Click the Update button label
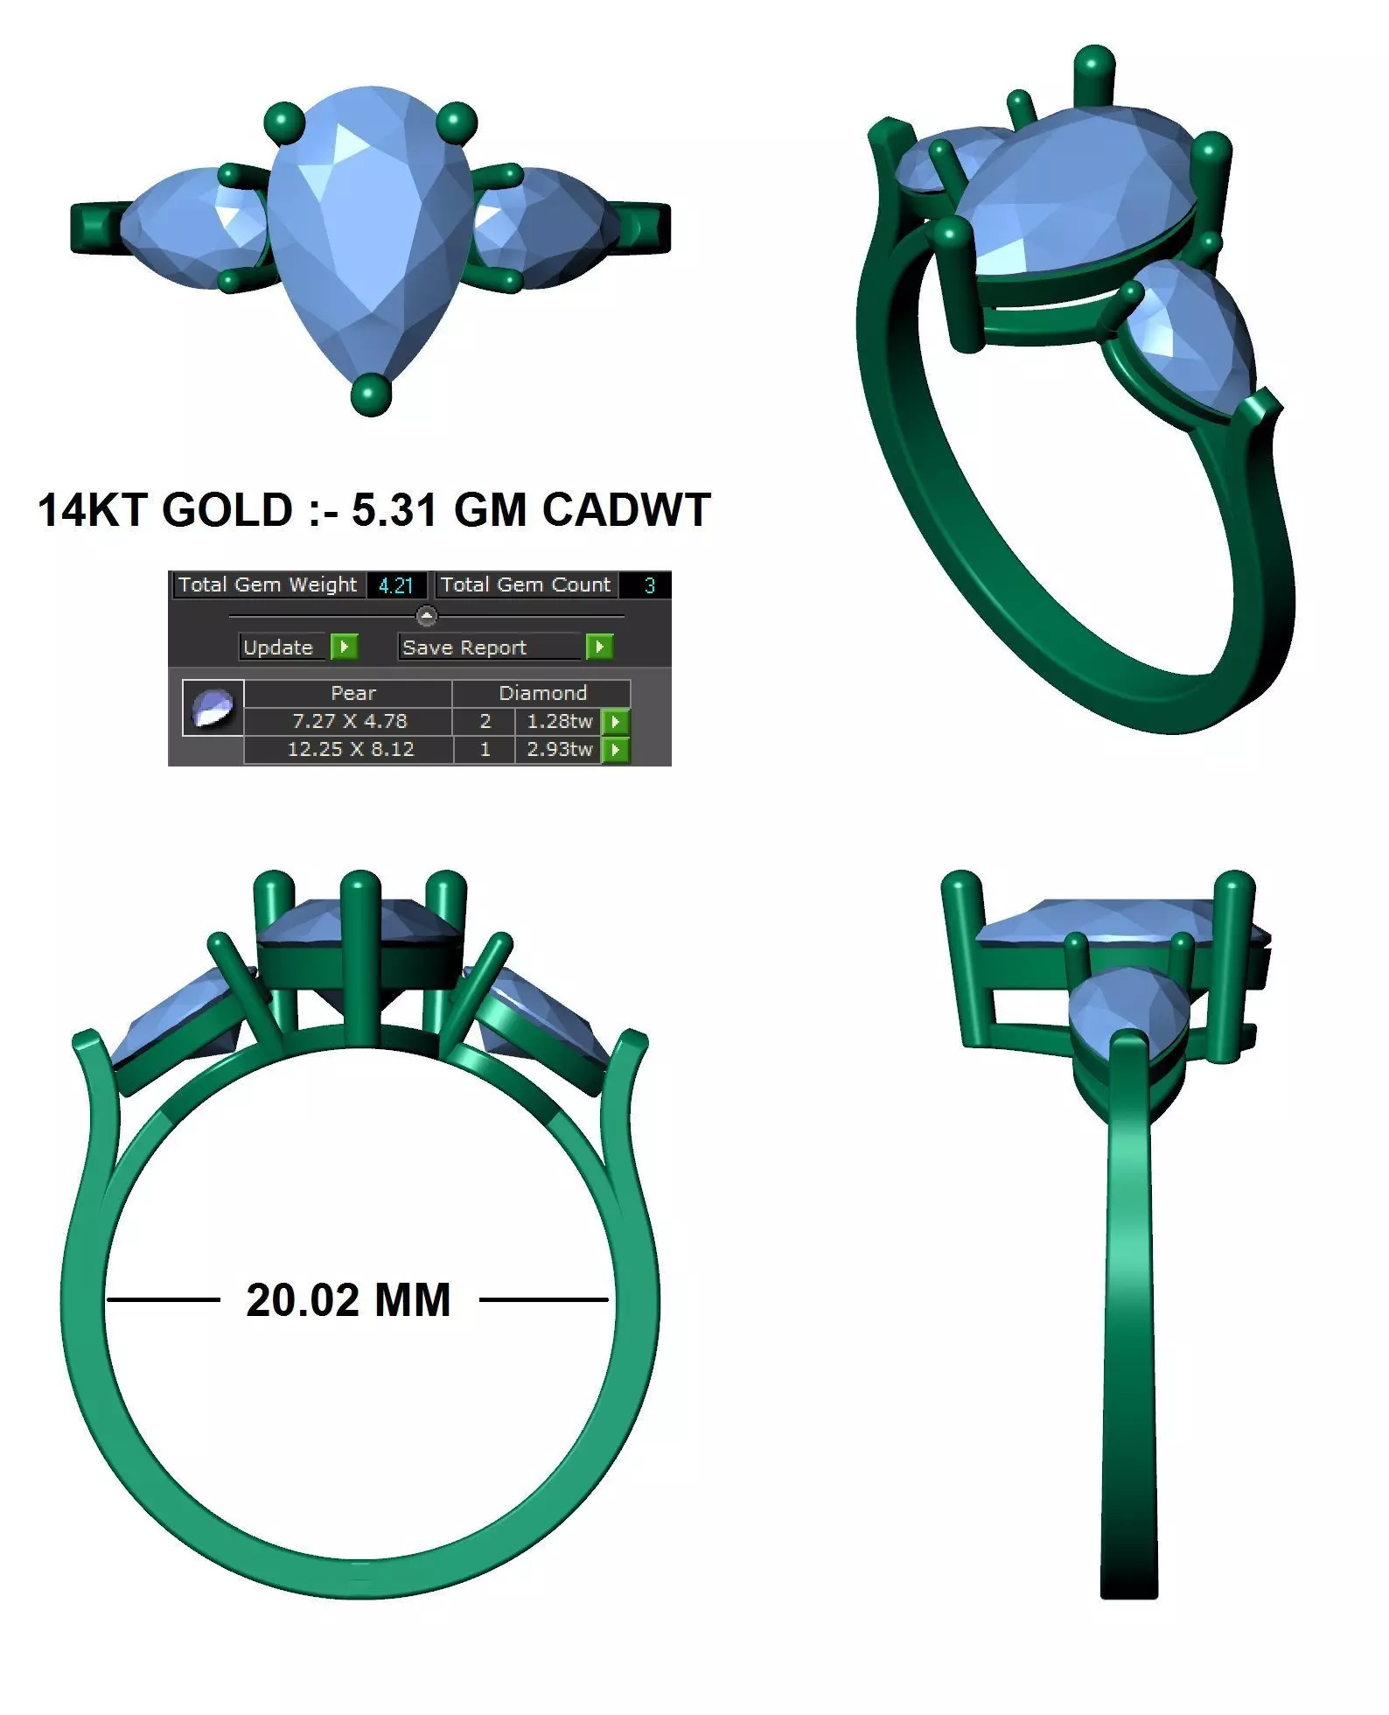tap(278, 647)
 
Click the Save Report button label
tap(464, 647)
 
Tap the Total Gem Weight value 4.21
tap(395, 585)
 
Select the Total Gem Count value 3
tap(649, 585)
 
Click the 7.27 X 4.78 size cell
tap(349, 721)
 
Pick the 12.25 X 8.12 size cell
tap(350, 749)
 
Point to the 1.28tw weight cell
tap(559, 721)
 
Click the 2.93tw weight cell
tap(559, 749)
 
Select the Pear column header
tap(353, 693)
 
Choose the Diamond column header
tap(542, 693)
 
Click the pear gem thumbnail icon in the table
tap(213, 707)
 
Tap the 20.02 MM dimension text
tap(348, 1300)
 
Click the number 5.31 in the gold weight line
tap(394, 510)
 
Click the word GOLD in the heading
tap(227, 510)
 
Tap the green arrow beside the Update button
tap(345, 647)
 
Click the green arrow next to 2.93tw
tap(616, 750)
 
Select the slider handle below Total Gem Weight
tap(426, 615)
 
